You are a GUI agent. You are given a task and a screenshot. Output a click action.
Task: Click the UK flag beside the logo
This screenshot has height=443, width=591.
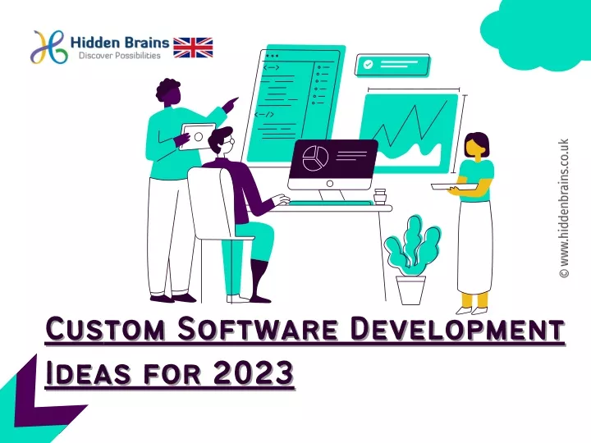(194, 47)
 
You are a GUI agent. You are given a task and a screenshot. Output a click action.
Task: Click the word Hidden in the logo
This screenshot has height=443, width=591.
(99, 42)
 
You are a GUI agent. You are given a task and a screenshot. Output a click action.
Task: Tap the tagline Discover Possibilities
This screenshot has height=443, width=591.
(120, 57)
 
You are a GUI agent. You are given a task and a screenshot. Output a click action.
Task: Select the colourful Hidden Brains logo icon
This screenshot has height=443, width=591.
(50, 47)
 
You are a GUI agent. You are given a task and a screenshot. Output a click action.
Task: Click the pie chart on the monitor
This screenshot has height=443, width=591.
(315, 157)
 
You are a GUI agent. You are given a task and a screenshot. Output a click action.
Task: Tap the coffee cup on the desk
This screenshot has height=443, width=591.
(380, 197)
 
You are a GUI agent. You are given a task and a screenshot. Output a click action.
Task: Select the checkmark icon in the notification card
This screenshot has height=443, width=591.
(369, 64)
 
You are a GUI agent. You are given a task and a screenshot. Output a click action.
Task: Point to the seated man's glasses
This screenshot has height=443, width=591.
(231, 143)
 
